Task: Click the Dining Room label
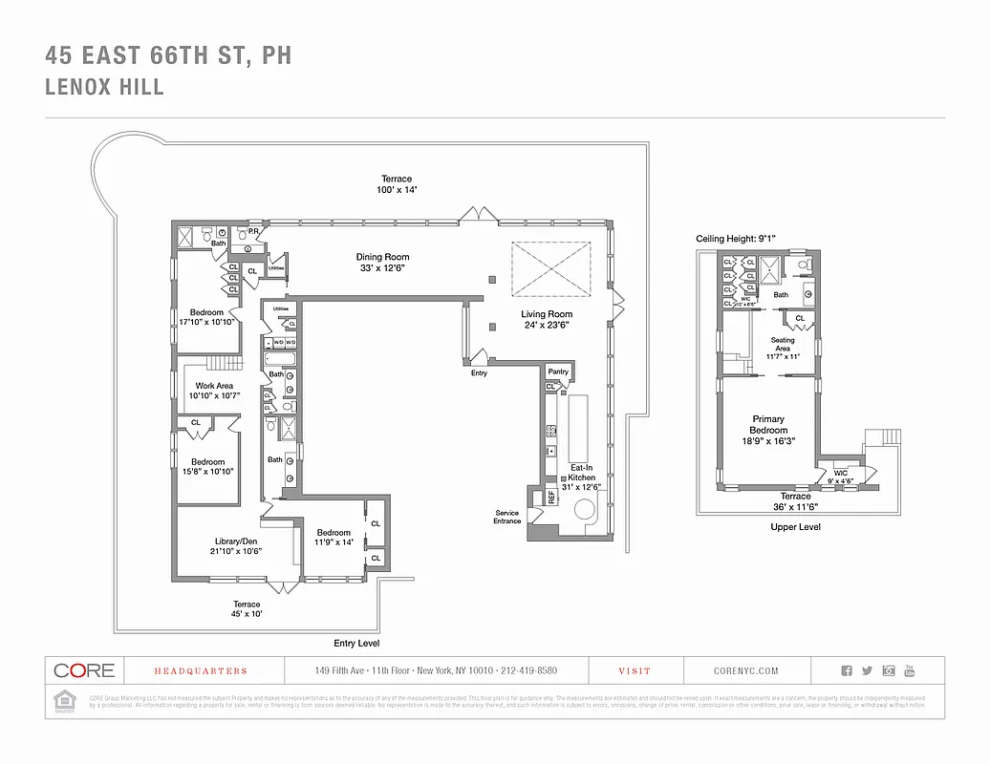click(382, 257)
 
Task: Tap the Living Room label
click(547, 314)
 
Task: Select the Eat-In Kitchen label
click(582, 477)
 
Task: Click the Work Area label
click(214, 386)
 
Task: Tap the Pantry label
click(558, 371)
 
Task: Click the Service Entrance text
click(506, 517)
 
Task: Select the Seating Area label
click(782, 344)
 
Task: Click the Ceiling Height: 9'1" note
click(734, 238)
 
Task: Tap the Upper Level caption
click(795, 526)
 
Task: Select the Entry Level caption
click(356, 644)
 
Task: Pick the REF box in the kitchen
click(551, 497)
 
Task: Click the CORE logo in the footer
click(84, 670)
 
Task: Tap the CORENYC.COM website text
click(745, 671)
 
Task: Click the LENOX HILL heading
click(104, 87)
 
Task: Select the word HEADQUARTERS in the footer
click(187, 671)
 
